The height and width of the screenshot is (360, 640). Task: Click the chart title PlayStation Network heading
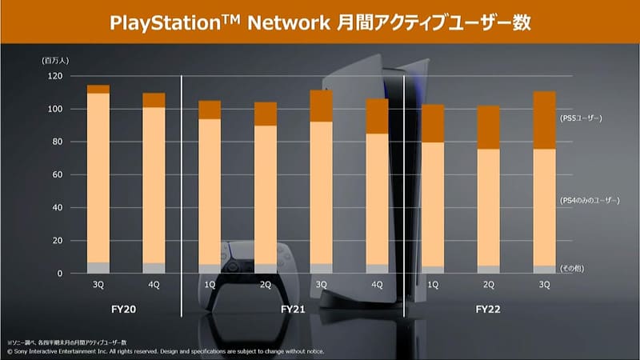tap(320, 22)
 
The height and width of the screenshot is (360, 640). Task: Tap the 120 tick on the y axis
tap(54, 76)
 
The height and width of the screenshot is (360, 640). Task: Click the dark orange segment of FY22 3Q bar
tap(544, 120)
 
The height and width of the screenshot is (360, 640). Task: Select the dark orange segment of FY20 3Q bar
tap(98, 89)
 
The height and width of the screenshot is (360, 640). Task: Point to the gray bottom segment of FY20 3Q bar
tap(98, 268)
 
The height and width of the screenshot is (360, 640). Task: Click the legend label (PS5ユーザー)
tap(581, 118)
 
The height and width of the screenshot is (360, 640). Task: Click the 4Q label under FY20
tap(154, 285)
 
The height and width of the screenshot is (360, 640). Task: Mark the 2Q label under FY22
tap(489, 285)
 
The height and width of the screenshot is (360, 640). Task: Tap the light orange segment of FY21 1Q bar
tap(209, 192)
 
